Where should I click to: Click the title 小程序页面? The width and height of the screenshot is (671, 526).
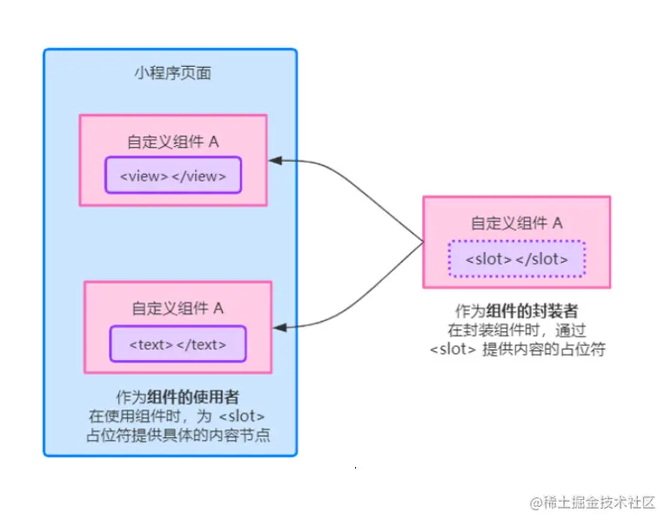pyautogui.click(x=172, y=74)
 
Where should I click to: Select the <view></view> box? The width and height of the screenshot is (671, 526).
pyautogui.click(x=173, y=176)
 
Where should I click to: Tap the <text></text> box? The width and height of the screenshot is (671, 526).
pyautogui.click(x=178, y=344)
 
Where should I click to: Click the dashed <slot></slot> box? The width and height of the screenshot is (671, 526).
pyautogui.click(x=517, y=259)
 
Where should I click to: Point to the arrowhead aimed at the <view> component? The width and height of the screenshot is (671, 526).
pyautogui.click(x=276, y=160)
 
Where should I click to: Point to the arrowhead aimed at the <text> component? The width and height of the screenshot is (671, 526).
pyautogui.click(x=280, y=328)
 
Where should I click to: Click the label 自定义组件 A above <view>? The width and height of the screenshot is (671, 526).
pyautogui.click(x=172, y=142)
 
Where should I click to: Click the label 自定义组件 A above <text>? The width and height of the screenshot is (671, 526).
pyautogui.click(x=178, y=308)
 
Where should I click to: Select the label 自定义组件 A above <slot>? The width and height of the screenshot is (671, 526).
pyautogui.click(x=517, y=223)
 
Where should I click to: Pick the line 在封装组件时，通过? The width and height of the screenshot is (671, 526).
pyautogui.click(x=516, y=330)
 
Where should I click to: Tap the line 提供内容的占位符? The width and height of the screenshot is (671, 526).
pyautogui.click(x=543, y=350)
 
